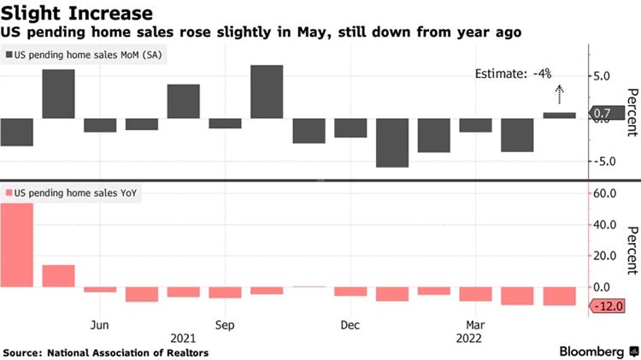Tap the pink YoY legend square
tap(9, 193)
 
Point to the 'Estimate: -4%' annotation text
tap(513, 74)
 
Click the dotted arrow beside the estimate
tap(559, 94)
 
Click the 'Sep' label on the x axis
tap(225, 325)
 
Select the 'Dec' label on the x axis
tap(350, 325)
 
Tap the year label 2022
tap(475, 337)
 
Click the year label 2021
tap(183, 337)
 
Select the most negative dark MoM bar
tap(391, 142)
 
